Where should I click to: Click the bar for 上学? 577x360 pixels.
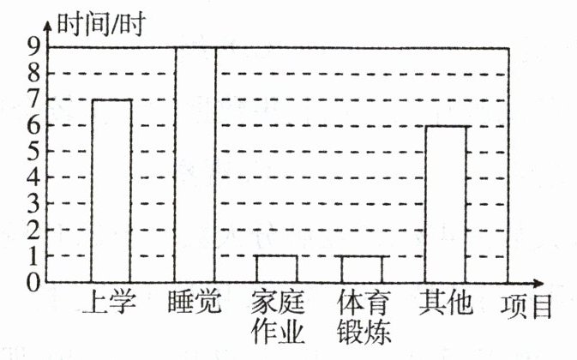pos(111,190)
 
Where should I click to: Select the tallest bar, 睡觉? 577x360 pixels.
pos(195,165)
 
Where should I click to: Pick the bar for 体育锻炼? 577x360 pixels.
pos(362,268)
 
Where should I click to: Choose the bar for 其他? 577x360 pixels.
pos(446,203)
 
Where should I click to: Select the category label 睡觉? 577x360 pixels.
pos(195,302)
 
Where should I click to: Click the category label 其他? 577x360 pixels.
pos(445,302)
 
